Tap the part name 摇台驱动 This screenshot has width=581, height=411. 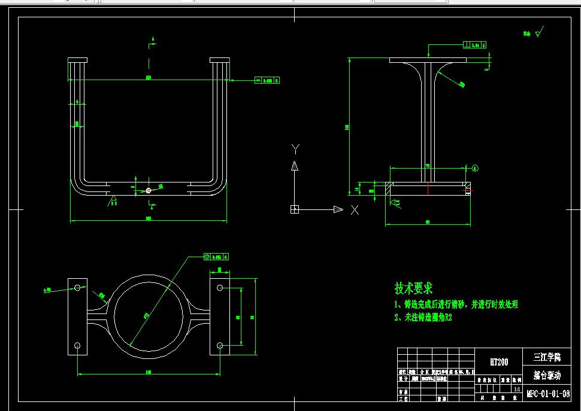pyautogui.click(x=547, y=376)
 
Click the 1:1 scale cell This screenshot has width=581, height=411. pyautogui.click(x=516, y=389)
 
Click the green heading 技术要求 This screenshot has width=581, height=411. pyautogui.click(x=413, y=288)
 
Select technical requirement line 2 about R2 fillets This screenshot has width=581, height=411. pyautogui.click(x=423, y=318)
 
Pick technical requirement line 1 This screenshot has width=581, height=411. pyautogui.click(x=456, y=305)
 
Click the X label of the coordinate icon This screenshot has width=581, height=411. pyautogui.click(x=355, y=209)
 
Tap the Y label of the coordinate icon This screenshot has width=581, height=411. pyautogui.click(x=295, y=148)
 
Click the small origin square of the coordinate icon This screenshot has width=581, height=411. pyautogui.click(x=295, y=209)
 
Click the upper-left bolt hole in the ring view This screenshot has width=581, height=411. pyautogui.click(x=77, y=288)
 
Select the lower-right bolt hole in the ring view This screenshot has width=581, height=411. pyautogui.click(x=220, y=345)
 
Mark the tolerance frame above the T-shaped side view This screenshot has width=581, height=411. pyautogui.click(x=475, y=45)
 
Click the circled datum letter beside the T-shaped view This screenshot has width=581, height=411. pyautogui.click(x=476, y=168)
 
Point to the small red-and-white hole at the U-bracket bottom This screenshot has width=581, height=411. pyautogui.click(x=149, y=190)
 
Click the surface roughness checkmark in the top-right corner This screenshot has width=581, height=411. pyautogui.click(x=537, y=33)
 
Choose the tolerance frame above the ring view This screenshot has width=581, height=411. pyautogui.click(x=216, y=257)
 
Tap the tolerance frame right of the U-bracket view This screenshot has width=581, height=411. pyautogui.click(x=267, y=80)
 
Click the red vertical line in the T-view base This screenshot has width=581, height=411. pyautogui.click(x=428, y=189)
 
